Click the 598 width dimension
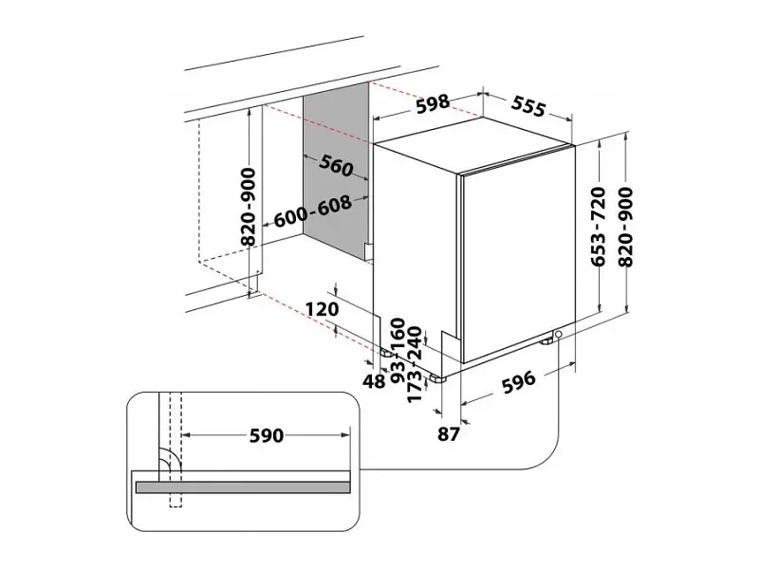tap(433, 104)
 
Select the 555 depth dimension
tap(528, 106)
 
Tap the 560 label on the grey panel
tap(336, 166)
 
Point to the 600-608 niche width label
tap(313, 211)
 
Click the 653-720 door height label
tap(599, 227)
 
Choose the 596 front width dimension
tap(518, 382)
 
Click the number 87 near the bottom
tap(448, 434)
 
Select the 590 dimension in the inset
tap(267, 435)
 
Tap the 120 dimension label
tap(323, 309)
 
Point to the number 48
tap(374, 381)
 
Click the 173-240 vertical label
tap(415, 364)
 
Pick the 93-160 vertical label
tap(398, 351)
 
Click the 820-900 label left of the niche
tap(249, 207)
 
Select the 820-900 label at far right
tap(626, 227)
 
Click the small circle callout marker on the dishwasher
tap(559, 335)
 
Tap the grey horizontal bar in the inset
tap(243, 487)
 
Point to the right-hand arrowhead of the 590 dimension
tap(345, 435)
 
